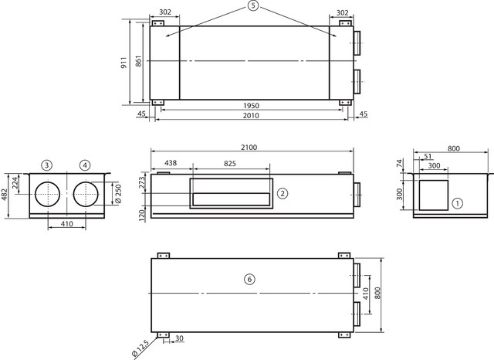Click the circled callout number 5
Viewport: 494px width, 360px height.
point(252,5)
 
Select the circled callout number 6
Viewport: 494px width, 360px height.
point(249,280)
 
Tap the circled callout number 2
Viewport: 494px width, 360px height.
point(283,193)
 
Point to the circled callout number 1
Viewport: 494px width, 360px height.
point(458,203)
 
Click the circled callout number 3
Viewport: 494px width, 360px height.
point(46,165)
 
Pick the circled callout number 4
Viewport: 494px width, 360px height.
point(85,165)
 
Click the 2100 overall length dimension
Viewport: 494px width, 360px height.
point(249,148)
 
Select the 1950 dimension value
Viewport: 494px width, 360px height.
point(251,106)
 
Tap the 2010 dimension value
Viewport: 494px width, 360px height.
point(251,115)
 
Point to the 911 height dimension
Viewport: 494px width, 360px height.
point(123,63)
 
